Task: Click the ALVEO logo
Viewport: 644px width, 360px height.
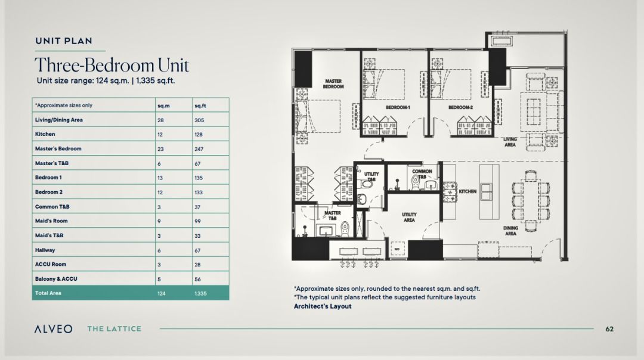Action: (54, 329)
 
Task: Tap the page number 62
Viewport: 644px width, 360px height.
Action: (609, 329)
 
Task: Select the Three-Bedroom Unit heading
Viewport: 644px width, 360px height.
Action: (112, 66)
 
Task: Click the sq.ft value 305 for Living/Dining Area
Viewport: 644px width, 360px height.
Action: (199, 120)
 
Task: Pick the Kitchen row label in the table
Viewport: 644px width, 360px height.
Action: (45, 134)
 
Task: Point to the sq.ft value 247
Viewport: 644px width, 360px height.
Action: (199, 149)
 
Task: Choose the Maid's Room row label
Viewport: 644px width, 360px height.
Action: (51, 221)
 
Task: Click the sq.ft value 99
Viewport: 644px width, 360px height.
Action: (197, 221)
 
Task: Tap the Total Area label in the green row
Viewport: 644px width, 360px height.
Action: (48, 293)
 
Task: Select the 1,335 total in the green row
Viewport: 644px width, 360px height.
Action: (200, 293)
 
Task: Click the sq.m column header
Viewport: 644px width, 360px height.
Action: (163, 106)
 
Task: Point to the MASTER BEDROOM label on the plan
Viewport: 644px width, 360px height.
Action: (333, 84)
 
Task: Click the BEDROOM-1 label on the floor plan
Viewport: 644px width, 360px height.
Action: (398, 107)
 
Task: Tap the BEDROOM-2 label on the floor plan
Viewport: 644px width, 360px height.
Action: (460, 107)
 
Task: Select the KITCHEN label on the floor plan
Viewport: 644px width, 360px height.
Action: (467, 191)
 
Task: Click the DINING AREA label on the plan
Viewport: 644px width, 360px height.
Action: (510, 231)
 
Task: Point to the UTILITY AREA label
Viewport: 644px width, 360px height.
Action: (409, 217)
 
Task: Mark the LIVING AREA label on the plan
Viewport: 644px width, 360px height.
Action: (510, 142)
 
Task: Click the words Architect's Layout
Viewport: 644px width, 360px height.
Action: (323, 306)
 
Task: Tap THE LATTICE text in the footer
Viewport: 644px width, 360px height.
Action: (114, 329)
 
